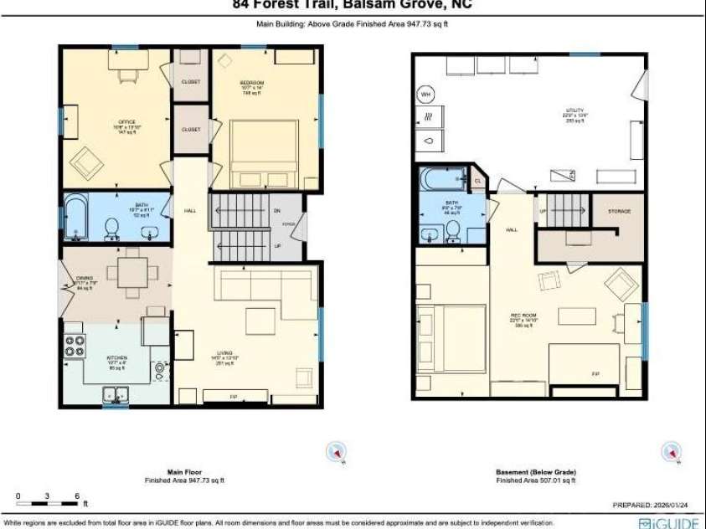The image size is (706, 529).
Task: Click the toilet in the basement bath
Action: pyautogui.click(x=453, y=229)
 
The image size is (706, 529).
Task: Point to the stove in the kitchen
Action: pyautogui.click(x=75, y=346)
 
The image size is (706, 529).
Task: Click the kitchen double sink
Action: pyautogui.click(x=116, y=393)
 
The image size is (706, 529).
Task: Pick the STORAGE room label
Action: pyautogui.click(x=618, y=212)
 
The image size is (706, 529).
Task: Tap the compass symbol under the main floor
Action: pyautogui.click(x=336, y=452)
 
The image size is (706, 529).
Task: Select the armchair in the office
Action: pyautogui.click(x=86, y=163)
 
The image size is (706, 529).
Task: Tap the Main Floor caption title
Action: pyautogui.click(x=184, y=472)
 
